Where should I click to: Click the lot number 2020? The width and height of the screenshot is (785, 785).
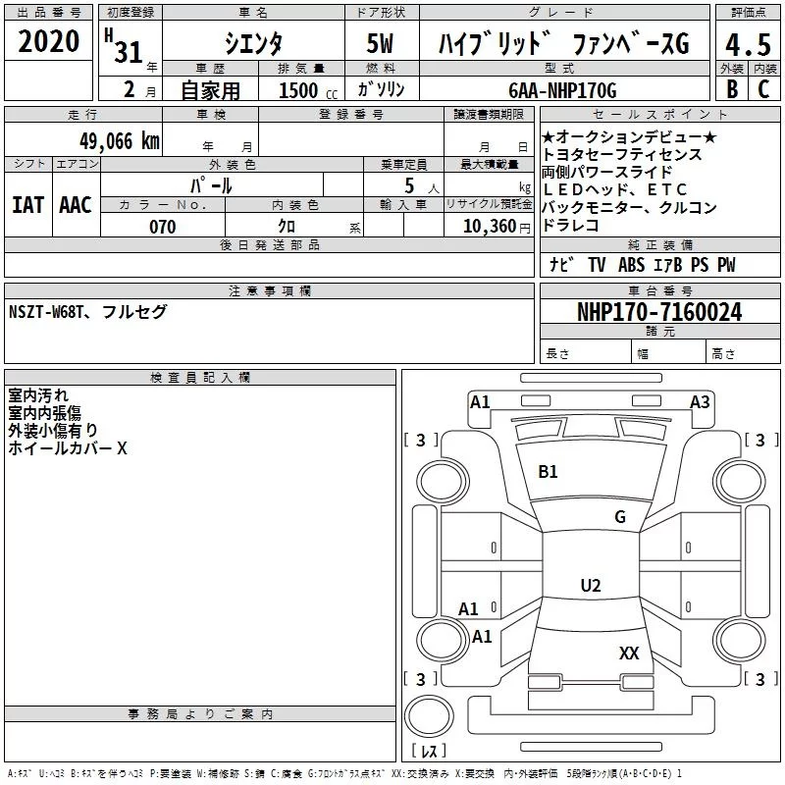49,43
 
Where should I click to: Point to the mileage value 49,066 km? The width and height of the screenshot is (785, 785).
119,141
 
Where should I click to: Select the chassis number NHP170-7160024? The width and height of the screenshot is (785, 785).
658,313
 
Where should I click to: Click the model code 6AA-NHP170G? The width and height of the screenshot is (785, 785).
562,90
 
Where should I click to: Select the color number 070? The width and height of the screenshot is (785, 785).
162,227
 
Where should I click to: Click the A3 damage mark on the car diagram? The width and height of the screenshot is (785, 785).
700,401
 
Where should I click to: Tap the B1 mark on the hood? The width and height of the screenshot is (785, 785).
548,472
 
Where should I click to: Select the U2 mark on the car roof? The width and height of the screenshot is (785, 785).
590,586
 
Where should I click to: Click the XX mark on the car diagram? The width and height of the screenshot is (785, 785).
629,653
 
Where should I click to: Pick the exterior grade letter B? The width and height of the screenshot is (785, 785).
731,89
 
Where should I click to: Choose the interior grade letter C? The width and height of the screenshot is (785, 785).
763,89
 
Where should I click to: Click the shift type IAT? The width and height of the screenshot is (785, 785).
27,204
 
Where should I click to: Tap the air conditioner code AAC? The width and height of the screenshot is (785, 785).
76,204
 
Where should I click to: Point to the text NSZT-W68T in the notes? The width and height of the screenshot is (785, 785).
46,312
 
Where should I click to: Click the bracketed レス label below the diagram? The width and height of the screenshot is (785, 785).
428,753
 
